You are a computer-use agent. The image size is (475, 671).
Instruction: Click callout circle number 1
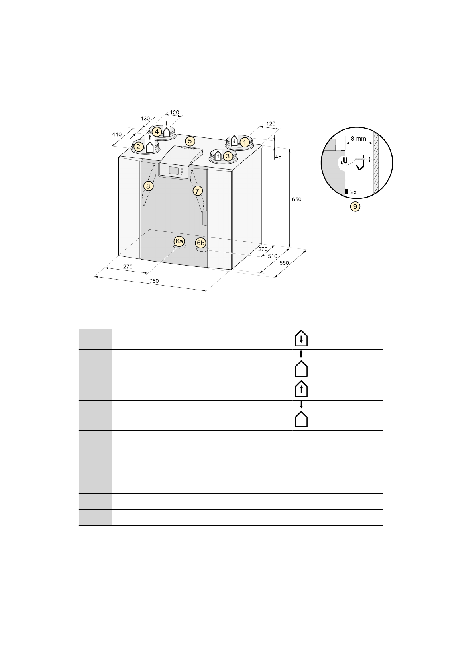pos(245,142)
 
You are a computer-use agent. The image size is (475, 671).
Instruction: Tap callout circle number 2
pos(138,147)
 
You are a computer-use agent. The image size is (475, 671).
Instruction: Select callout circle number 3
pos(228,156)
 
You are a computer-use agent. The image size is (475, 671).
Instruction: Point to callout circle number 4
pos(157,131)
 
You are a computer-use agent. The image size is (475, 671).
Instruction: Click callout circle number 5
pos(190,141)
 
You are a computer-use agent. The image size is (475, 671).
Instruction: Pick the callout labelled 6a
pos(179,241)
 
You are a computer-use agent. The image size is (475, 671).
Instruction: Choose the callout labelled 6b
pos(200,243)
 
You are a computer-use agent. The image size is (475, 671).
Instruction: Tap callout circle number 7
pos(198,190)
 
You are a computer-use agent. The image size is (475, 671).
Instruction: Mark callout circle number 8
pos(148,186)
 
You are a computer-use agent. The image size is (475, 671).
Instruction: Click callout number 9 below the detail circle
pos(355,206)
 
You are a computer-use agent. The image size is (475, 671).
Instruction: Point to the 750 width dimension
pos(154,281)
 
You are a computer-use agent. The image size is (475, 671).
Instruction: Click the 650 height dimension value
pos(297,199)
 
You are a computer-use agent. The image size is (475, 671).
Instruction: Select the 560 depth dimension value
pos(284,263)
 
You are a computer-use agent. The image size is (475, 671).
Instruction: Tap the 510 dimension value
pos(273,256)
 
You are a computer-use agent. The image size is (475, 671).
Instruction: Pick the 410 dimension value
pos(117,135)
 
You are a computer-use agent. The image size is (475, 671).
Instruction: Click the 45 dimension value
pos(278,157)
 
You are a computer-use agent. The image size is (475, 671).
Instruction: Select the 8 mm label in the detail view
pos(359,139)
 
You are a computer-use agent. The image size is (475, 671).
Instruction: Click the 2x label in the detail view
pos(353,192)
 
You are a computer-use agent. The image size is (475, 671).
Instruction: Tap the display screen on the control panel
pos(173,171)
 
